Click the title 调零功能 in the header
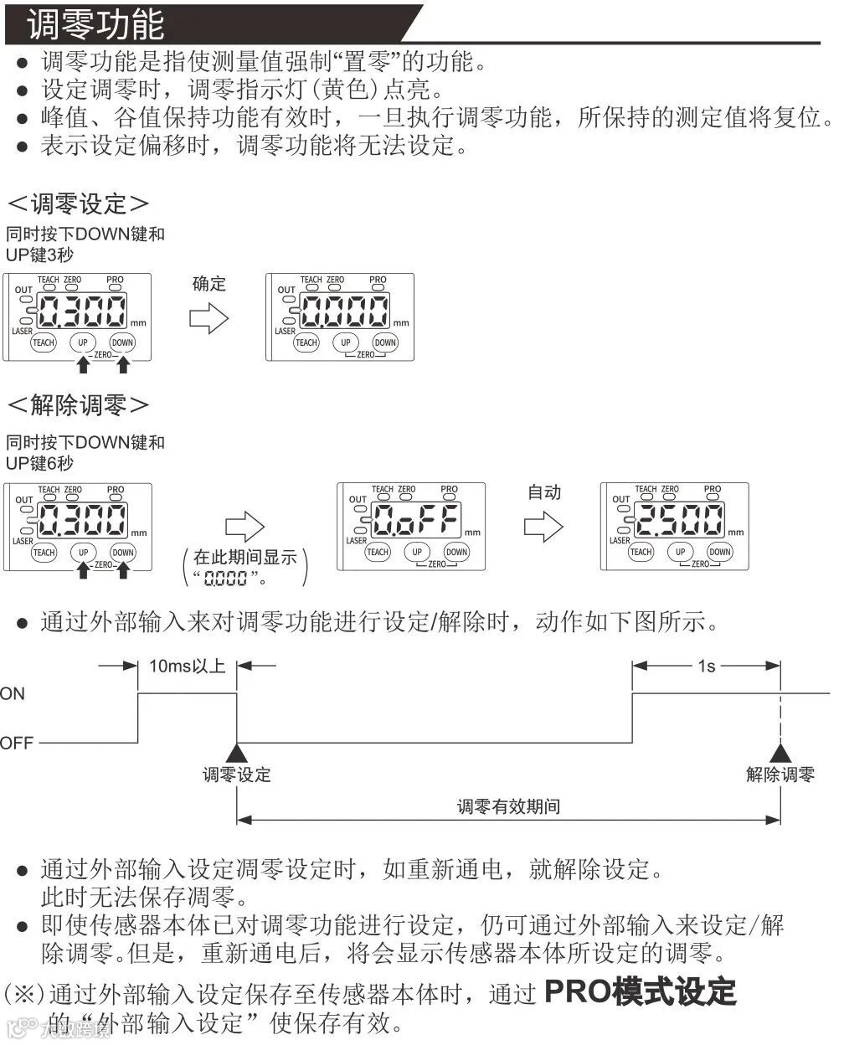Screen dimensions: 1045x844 pyautogui.click(x=95, y=24)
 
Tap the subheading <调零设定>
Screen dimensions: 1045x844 pyautogui.click(x=79, y=203)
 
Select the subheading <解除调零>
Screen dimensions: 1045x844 pyautogui.click(x=79, y=405)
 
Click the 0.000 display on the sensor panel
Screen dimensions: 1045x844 pyautogui.click(x=344, y=312)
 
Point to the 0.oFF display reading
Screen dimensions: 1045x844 pyautogui.click(x=416, y=522)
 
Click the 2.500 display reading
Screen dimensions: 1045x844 pyautogui.click(x=679, y=521)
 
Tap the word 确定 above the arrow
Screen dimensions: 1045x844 pyautogui.click(x=209, y=283)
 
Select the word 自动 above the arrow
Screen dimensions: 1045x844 pyautogui.click(x=544, y=492)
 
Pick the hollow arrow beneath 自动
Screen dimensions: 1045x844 pyautogui.click(x=543, y=527)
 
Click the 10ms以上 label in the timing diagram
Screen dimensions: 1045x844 pyautogui.click(x=187, y=667)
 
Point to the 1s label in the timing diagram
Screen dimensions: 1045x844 pyautogui.click(x=707, y=667)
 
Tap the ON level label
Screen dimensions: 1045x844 pyautogui.click(x=13, y=694)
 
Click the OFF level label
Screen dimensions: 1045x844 pyautogui.click(x=17, y=743)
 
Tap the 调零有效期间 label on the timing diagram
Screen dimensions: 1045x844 pyautogui.click(x=508, y=807)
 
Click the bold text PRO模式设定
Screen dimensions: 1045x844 pyautogui.click(x=640, y=992)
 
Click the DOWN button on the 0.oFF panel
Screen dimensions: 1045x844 pyautogui.click(x=457, y=552)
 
